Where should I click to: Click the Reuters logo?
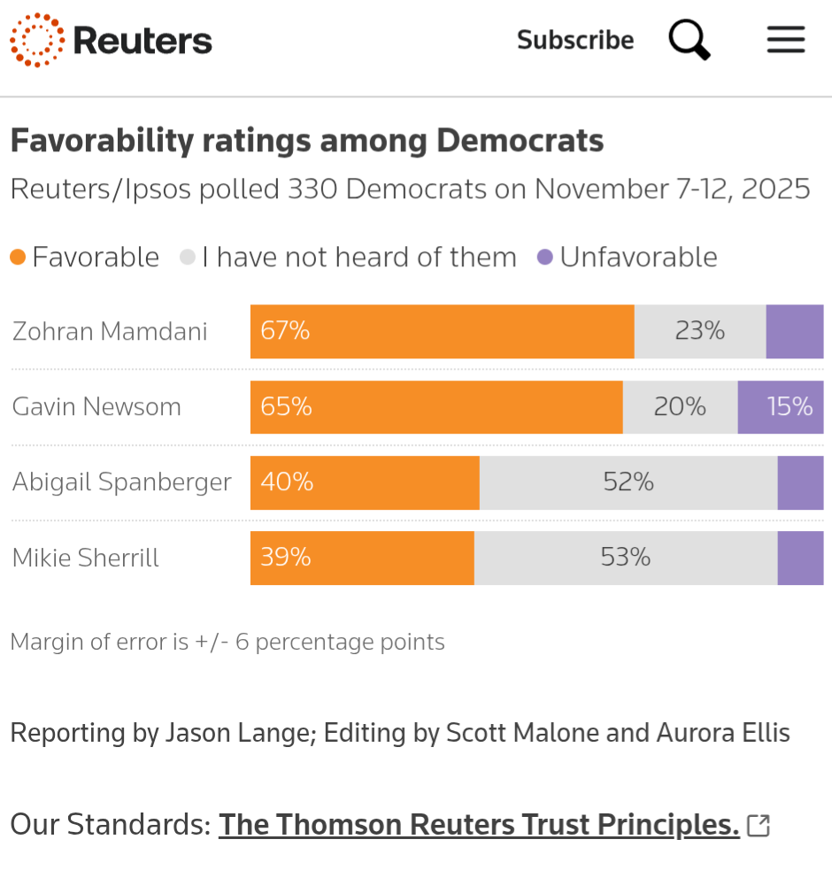111,40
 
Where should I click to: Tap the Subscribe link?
575,41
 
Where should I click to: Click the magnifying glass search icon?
689,40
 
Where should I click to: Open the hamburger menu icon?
785,40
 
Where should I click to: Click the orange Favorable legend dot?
18,258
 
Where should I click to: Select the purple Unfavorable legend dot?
545,258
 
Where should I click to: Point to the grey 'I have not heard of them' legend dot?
187,258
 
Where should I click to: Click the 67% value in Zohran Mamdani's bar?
285,331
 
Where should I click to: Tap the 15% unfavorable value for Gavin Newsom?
790,406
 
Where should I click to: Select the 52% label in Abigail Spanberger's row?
628,482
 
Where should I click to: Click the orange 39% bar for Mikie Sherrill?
362,558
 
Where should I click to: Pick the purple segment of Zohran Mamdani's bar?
794,331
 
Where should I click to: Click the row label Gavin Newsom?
96,407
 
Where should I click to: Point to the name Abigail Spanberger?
122,482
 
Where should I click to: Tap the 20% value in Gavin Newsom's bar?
680,406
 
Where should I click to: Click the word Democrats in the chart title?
520,141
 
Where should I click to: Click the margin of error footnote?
227,642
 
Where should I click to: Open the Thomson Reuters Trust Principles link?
479,825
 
